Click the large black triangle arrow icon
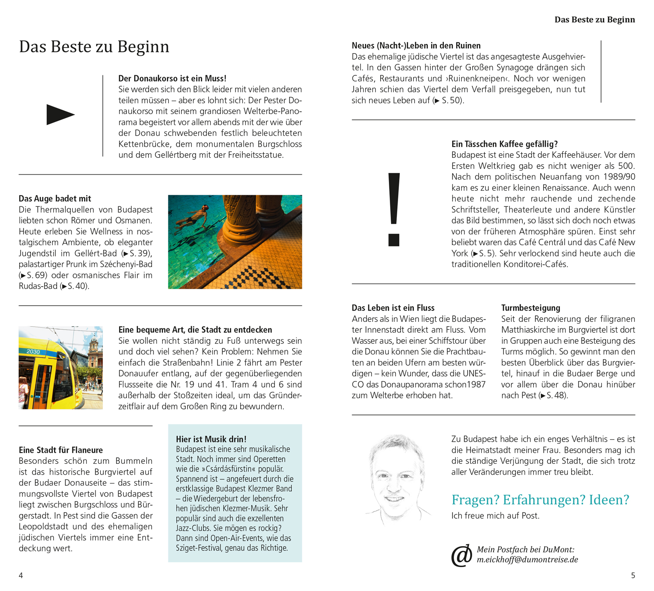pyautogui.click(x=60, y=115)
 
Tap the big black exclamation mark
pyautogui.click(x=394, y=209)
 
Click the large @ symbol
pyautogui.click(x=462, y=555)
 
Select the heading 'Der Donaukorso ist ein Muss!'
pyautogui.click(x=172, y=78)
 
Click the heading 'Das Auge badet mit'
pyautogui.click(x=55, y=199)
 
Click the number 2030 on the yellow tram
pyautogui.click(x=33, y=351)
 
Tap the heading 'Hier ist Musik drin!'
pyautogui.click(x=211, y=439)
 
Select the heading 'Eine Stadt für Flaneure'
pyautogui.click(x=61, y=450)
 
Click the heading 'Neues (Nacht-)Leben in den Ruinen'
pyautogui.click(x=416, y=46)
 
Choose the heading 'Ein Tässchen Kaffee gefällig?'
pyautogui.click(x=504, y=144)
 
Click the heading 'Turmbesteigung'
pyautogui.click(x=531, y=308)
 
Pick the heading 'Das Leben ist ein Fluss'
pyautogui.click(x=393, y=308)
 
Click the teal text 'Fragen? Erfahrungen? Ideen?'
pyautogui.click(x=540, y=500)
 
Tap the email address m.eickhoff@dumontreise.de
pyautogui.click(x=527, y=560)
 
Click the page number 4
pyautogui.click(x=21, y=575)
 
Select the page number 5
pyautogui.click(x=633, y=575)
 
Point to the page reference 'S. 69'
pyautogui.click(x=33, y=275)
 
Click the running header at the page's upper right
pyautogui.click(x=594, y=20)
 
